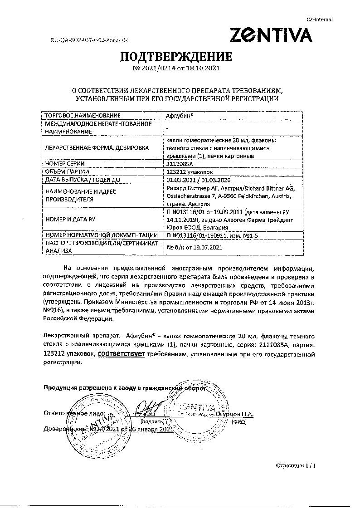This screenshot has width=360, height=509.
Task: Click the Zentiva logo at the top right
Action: tap(271, 35)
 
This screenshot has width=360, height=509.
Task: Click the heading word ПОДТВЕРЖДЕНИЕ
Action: tap(175, 57)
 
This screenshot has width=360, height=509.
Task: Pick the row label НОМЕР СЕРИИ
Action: tap(65, 163)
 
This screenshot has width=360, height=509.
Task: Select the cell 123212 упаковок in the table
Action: tap(189, 171)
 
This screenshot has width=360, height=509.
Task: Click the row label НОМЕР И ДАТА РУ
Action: tap(70, 219)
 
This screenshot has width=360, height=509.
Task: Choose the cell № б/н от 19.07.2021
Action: tap(195, 247)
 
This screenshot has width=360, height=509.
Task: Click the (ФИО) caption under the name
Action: tap(238, 421)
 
